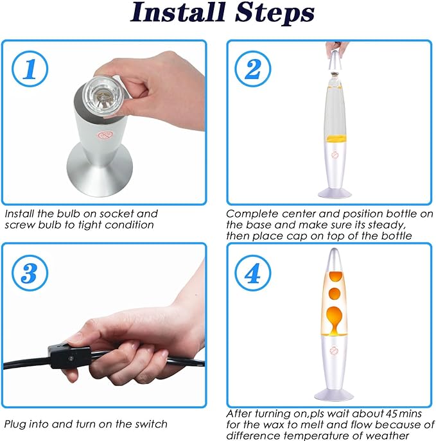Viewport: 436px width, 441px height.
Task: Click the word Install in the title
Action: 178,12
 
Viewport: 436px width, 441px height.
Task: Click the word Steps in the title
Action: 275,13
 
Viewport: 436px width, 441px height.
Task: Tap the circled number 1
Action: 30,69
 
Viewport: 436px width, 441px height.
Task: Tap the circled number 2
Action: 253,69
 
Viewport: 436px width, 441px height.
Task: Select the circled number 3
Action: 30,273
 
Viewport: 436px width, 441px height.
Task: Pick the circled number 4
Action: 253,273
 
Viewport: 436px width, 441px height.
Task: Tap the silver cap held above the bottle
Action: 336,61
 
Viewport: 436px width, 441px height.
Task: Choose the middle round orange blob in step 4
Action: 335,294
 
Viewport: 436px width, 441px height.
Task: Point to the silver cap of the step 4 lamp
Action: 335,260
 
